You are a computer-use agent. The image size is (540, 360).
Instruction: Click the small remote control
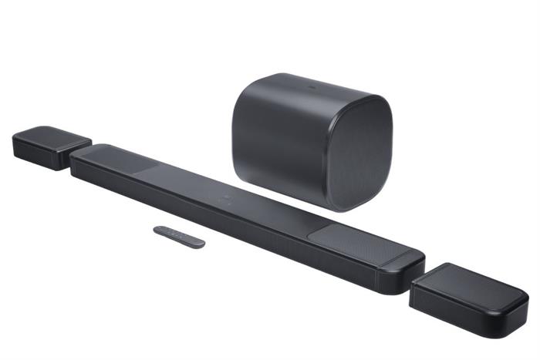click(x=179, y=237)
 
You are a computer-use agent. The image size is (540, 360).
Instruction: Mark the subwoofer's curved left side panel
click(x=278, y=143)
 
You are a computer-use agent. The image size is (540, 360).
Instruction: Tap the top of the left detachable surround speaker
click(x=51, y=137)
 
